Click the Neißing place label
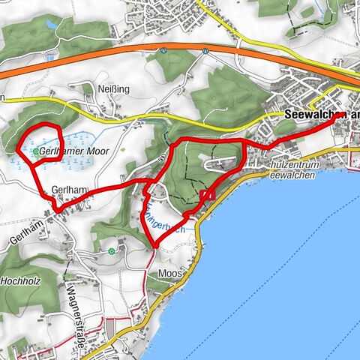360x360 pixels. coord(114,89)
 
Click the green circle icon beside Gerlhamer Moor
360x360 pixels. coord(35,151)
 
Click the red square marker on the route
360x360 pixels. coord(207,195)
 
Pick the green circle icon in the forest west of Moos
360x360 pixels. coord(112,250)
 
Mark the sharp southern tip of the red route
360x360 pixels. coord(154,245)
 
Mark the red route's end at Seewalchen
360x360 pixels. coord(343,113)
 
